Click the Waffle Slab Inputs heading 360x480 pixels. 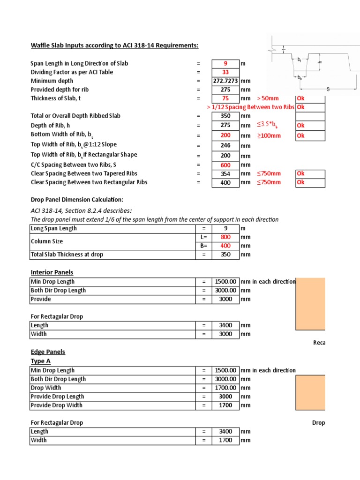pos(114,45)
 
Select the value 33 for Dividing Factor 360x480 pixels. pos(225,72)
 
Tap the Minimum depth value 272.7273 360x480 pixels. pos(225,81)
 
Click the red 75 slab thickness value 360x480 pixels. pos(225,98)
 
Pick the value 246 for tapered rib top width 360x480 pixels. pos(225,146)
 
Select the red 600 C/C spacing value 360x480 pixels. pos(225,165)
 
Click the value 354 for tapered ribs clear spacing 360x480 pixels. pos(225,173)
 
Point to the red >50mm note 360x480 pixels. pos(268,98)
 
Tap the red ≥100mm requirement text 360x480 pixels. pos(269,136)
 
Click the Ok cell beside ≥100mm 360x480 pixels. pos(310,136)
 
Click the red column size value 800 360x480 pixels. pos(225,237)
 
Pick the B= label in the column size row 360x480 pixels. pos(204,246)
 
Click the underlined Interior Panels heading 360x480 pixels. pos(52,272)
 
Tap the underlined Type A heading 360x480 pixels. pos(40,361)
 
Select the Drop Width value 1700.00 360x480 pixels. pos(225,388)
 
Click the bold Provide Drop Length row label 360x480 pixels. pos(57,397)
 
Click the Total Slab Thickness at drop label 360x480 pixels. pos(67,255)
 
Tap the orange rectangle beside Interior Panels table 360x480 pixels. pos(310,304)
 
